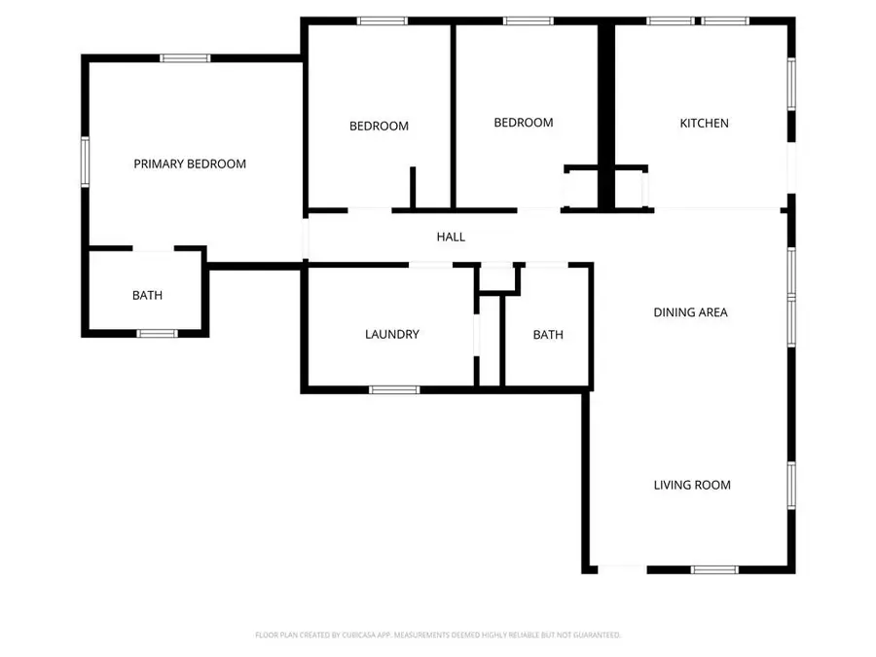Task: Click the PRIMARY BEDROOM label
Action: [x=190, y=164]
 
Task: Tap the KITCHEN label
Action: [x=704, y=123]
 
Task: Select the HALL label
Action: [x=451, y=237]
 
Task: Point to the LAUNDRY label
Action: [x=392, y=334]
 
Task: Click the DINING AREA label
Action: [x=690, y=312]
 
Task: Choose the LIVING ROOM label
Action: [x=692, y=485]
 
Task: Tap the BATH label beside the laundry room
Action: [x=548, y=335]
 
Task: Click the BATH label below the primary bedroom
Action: [x=148, y=295]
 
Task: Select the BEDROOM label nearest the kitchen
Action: [x=524, y=123]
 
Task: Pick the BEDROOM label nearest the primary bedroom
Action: [x=379, y=126]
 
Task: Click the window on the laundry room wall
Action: [x=394, y=390]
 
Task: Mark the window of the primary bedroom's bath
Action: [x=157, y=334]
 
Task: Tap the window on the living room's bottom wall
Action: [x=714, y=569]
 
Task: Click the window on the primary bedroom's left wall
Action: [x=85, y=162]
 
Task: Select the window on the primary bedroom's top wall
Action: [x=185, y=58]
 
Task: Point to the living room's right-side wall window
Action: [x=791, y=485]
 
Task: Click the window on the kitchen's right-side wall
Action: [x=791, y=84]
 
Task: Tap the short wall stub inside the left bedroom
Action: [x=413, y=188]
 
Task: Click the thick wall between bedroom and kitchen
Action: [x=606, y=116]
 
